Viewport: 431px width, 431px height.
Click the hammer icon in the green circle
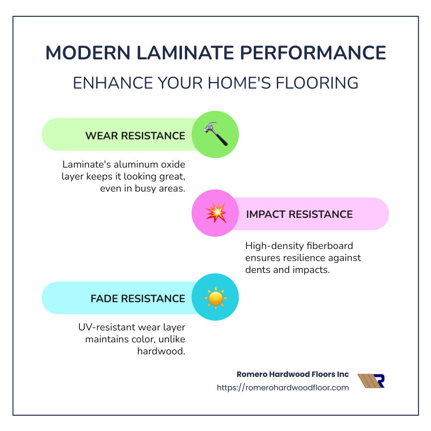point(215,135)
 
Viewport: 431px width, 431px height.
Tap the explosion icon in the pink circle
point(215,214)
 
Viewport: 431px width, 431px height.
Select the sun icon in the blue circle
point(215,297)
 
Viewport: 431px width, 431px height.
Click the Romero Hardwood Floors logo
point(371,381)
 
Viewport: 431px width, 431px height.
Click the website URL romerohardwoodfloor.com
point(283,387)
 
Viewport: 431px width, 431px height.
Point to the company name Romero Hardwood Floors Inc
point(293,374)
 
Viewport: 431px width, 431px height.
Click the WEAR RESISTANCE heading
point(135,136)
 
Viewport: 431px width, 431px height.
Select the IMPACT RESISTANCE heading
point(299,214)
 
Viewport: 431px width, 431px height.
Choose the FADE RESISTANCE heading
point(138,298)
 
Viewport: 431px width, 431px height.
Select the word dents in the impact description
point(257,270)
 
